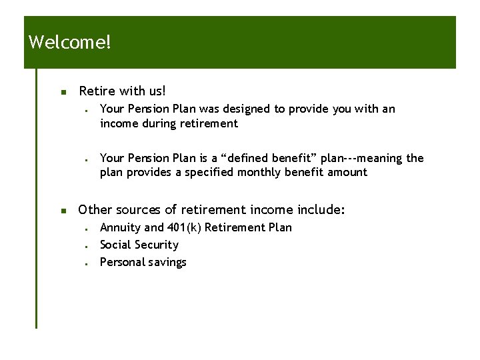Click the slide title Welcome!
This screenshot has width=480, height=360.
(70, 43)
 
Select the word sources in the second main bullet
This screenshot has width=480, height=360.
(139, 210)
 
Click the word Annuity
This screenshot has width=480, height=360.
(120, 227)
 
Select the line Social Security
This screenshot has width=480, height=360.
(139, 245)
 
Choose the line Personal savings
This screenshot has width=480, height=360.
(143, 262)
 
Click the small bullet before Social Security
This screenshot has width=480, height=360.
(87, 245)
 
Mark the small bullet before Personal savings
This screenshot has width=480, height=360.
(87, 263)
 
